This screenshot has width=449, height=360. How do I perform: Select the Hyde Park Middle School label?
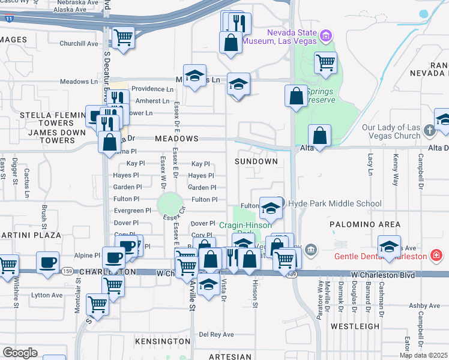pyautogui.click(x=335, y=204)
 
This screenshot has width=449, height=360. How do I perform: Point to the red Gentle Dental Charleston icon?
pyautogui.click(x=438, y=257)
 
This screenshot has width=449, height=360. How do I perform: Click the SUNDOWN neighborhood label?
pyautogui.click(x=256, y=161)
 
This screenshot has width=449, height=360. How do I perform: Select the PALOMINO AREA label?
pyautogui.click(x=364, y=224)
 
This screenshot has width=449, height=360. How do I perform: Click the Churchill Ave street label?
pyautogui.click(x=79, y=44)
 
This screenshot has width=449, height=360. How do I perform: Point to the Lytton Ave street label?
pyautogui.click(x=47, y=295)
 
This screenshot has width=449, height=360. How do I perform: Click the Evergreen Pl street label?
pyautogui.click(x=133, y=211)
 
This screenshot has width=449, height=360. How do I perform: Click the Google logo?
pyautogui.click(x=20, y=352)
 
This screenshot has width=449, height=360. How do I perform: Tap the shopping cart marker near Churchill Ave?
pyautogui.click(x=123, y=37)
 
